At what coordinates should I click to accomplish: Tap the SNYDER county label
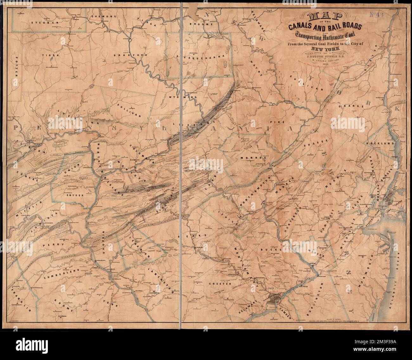tap(75, 195)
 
